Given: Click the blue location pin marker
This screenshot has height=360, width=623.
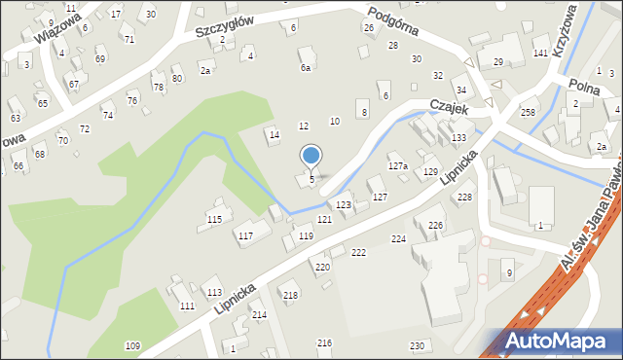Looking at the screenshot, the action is point(311,156).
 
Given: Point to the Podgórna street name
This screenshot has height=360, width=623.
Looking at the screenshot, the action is point(393,20).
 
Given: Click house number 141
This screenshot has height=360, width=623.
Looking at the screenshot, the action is point(540,53).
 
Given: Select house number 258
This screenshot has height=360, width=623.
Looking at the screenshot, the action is point(528,114).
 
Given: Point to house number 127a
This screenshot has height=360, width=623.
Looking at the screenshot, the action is point(398,166).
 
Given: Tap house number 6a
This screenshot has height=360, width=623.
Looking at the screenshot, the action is point(306,68).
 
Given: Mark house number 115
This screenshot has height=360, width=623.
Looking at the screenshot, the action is point(214,220).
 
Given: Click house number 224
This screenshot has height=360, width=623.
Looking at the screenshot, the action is point(398,238).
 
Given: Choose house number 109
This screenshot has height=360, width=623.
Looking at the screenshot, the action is point(132,346).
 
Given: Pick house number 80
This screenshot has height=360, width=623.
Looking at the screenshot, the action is point(177,78).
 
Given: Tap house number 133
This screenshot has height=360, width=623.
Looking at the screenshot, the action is point(458,138).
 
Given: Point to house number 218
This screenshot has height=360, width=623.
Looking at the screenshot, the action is point(290,295).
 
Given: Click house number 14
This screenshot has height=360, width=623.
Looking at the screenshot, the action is point(275,134).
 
